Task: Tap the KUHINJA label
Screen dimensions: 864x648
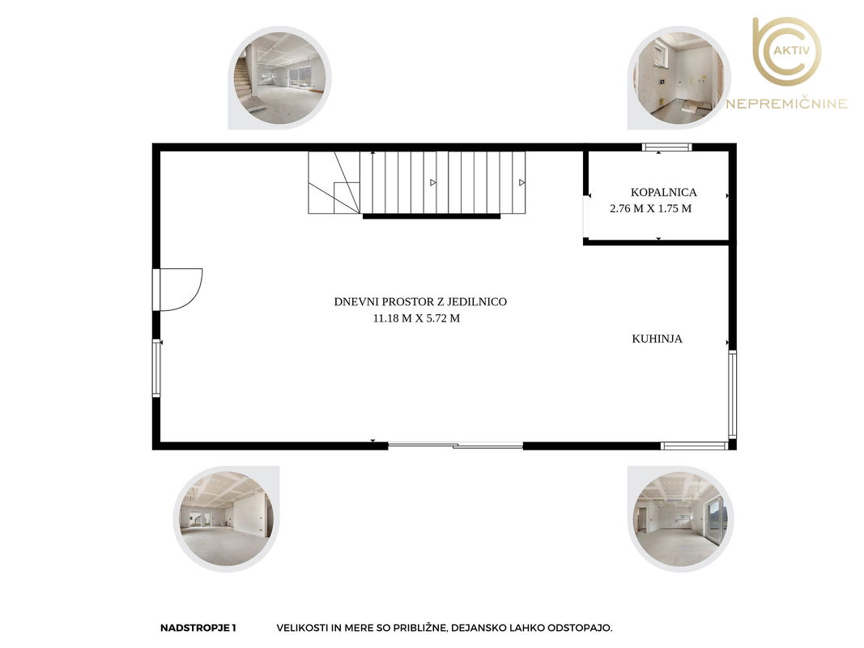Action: pyautogui.click(x=657, y=339)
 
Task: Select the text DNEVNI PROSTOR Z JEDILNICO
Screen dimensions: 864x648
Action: pyautogui.click(x=420, y=302)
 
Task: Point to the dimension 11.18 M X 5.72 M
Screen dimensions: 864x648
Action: pyautogui.click(x=416, y=318)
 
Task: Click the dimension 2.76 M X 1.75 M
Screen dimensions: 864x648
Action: pyautogui.click(x=651, y=208)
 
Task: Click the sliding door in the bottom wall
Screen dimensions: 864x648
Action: pyautogui.click(x=456, y=446)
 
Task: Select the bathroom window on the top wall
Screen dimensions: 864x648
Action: pyautogui.click(x=666, y=147)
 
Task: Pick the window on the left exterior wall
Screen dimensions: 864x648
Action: pyautogui.click(x=156, y=368)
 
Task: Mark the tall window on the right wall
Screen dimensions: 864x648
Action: pyautogui.click(x=732, y=394)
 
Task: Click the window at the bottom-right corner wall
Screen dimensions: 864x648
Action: pyautogui.click(x=694, y=446)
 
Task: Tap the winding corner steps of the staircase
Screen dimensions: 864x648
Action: pyautogui.click(x=334, y=182)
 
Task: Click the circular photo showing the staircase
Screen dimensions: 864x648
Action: pyautogui.click(x=280, y=79)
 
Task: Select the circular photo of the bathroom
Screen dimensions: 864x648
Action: pyautogui.click(x=679, y=79)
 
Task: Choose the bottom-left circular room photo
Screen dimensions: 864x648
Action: pyautogui.click(x=227, y=518)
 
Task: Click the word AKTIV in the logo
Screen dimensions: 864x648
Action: pyautogui.click(x=792, y=50)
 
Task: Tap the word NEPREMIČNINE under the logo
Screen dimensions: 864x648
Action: pyautogui.click(x=786, y=104)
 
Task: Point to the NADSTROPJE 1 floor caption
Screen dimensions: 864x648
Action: pyautogui.click(x=198, y=628)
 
